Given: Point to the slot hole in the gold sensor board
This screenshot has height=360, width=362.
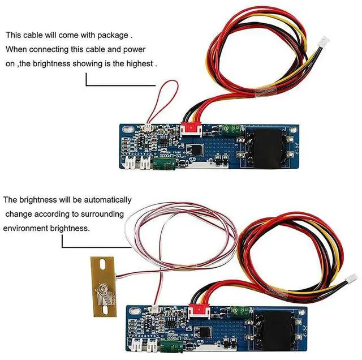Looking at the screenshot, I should click(104, 265).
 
